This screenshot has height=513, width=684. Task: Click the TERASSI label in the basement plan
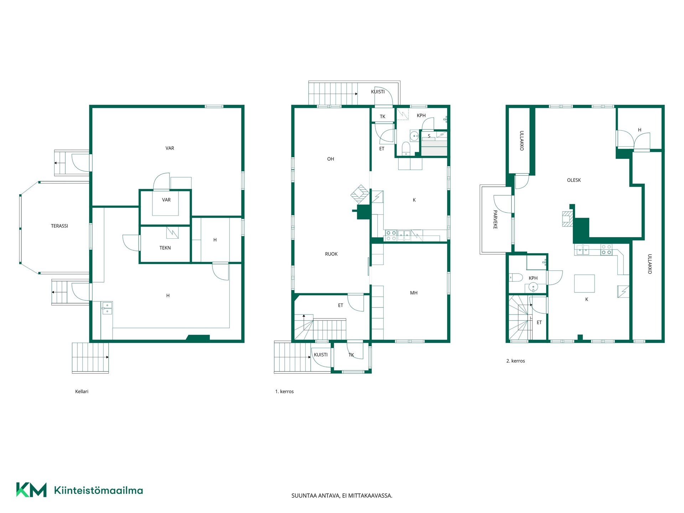(59, 226)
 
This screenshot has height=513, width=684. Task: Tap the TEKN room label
(165, 248)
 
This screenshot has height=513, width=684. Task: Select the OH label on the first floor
(331, 159)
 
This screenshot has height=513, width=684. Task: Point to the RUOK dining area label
(331, 254)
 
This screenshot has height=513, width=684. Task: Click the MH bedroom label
(414, 293)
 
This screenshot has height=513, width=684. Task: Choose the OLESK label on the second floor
(574, 180)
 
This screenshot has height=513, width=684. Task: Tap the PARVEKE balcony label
(495, 219)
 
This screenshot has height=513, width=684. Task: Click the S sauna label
(429, 136)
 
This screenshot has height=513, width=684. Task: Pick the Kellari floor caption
(82, 392)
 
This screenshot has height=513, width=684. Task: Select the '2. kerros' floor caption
(515, 361)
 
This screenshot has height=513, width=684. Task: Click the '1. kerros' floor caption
(284, 392)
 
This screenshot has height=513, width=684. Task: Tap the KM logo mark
(31, 490)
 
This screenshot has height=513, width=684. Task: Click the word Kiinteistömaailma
(98, 490)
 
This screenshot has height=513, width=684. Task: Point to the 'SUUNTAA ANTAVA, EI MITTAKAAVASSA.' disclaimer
(342, 496)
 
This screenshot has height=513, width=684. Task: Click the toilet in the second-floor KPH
(515, 277)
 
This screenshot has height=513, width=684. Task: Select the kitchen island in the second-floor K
(584, 284)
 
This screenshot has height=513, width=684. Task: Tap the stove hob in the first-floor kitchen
(391, 235)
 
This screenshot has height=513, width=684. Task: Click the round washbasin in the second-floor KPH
(533, 286)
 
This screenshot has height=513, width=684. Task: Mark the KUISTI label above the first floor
(378, 92)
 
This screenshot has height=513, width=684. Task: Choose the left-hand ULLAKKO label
(522, 141)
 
